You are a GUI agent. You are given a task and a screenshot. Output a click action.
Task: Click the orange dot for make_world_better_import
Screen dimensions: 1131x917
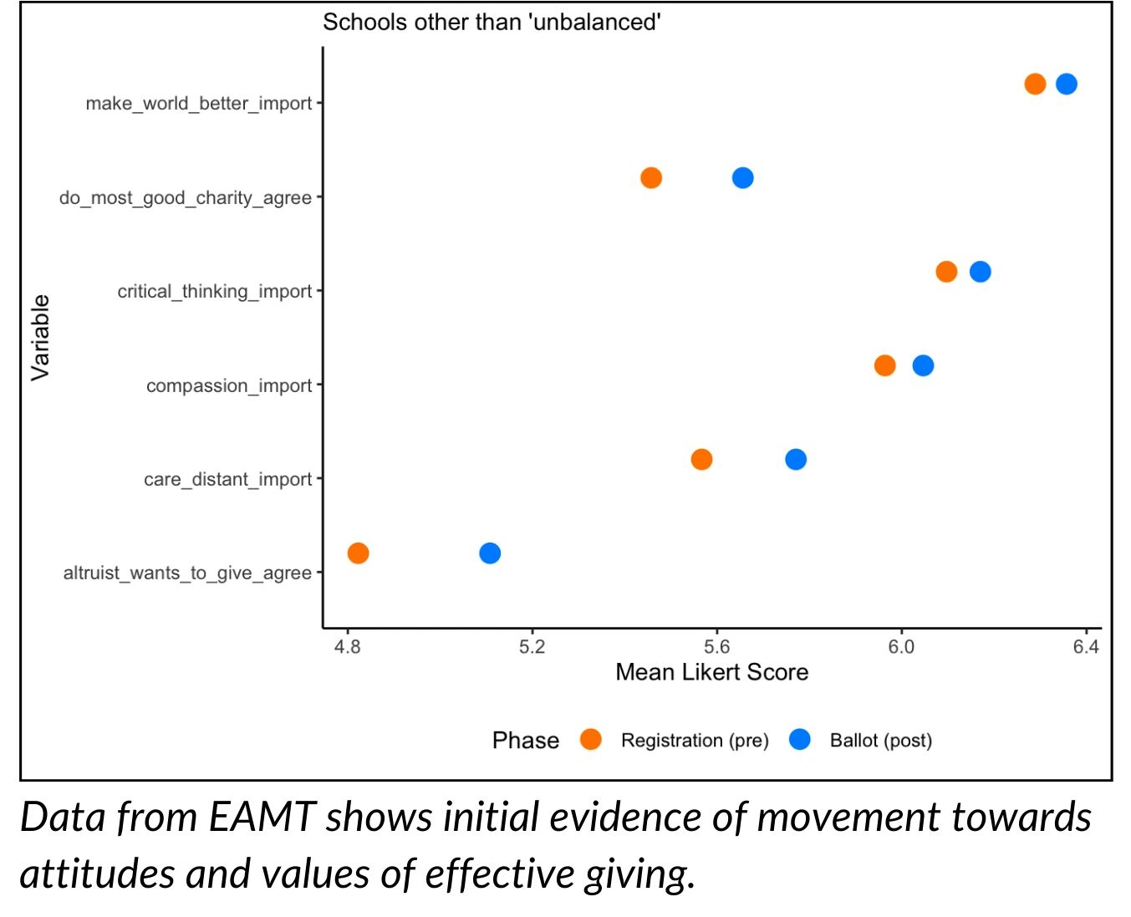coord(1034,84)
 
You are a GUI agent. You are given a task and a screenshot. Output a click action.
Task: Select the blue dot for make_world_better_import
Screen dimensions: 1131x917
coord(1066,84)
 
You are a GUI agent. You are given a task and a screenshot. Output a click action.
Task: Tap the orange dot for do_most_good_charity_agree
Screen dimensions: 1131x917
coord(650,178)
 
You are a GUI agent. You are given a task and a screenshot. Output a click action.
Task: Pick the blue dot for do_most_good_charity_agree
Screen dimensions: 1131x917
coord(741,178)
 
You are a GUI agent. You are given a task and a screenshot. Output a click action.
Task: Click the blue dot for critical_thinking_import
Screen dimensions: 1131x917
coord(980,272)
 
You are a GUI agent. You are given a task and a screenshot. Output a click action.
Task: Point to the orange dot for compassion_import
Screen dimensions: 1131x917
coord(884,365)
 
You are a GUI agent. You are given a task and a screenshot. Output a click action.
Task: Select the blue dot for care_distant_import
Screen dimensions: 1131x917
coord(795,459)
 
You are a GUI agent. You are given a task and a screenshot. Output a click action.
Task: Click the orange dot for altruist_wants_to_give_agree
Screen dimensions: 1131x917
coord(358,553)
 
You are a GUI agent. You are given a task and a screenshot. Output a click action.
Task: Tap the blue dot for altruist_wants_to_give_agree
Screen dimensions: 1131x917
coord(490,553)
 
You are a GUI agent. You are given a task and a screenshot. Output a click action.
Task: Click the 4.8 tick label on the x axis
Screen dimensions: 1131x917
coord(347,647)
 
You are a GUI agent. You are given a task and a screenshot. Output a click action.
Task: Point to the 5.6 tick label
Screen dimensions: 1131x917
coord(716,647)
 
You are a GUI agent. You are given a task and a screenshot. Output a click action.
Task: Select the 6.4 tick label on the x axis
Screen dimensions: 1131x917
coord(1085,647)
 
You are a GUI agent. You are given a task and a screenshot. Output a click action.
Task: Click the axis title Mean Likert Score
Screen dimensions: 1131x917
coord(711,672)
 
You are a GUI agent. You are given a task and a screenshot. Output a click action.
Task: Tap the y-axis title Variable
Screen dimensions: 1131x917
coord(40,338)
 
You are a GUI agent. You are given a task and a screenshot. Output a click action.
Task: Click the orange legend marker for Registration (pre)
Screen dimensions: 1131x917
coord(590,739)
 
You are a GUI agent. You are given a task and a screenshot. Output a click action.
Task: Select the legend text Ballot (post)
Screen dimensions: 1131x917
coord(880,740)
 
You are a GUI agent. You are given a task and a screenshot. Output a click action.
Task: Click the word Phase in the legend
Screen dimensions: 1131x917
coord(525,740)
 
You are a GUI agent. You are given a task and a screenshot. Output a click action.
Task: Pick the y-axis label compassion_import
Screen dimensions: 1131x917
coord(229,385)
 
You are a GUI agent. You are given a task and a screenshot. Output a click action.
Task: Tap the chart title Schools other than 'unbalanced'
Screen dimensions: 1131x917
coord(492,23)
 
